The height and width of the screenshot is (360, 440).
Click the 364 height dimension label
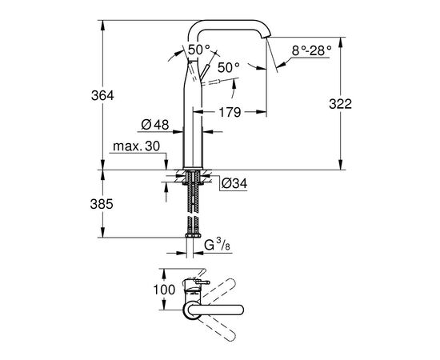tap(102, 96)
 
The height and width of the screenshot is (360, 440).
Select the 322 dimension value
tap(340, 104)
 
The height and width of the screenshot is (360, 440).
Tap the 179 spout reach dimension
tap(230, 112)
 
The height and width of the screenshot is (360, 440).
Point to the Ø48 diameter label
tap(155, 125)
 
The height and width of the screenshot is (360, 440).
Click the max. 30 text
tap(136, 146)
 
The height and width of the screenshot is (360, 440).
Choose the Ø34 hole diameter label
tap(234, 183)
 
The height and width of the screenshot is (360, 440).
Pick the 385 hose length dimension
tap(102, 204)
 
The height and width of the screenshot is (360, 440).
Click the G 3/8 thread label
tap(217, 245)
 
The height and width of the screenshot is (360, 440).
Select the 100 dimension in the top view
tap(164, 290)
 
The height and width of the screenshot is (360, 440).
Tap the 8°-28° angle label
tap(311, 50)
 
